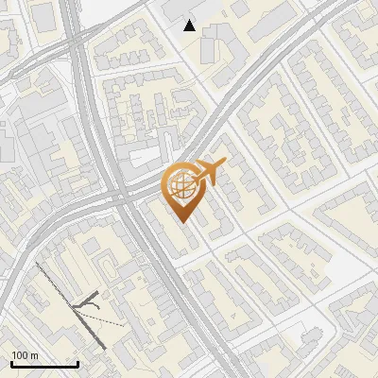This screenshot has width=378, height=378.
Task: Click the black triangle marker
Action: coord(190,26)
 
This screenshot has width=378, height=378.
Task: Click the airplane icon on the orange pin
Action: coord(208,173)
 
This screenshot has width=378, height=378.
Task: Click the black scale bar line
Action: coord(44,364)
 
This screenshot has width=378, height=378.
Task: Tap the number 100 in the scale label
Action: coord(19,355)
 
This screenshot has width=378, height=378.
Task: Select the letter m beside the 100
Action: coord(33,355)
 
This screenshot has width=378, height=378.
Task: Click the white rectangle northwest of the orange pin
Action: coord(145,157)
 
